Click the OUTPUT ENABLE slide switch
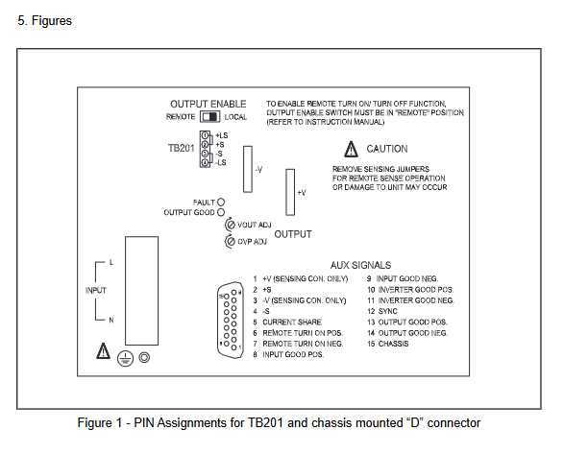point(209,117)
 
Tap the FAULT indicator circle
point(221,202)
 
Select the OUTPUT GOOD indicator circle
point(221,212)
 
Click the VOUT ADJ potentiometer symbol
point(231,225)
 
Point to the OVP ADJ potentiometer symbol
point(231,241)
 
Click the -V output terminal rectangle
point(248,169)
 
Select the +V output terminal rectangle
point(290,192)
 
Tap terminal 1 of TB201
point(205,135)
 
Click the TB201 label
point(181,148)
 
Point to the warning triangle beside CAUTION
point(351,149)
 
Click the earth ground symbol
point(125,358)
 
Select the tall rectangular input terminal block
point(141,291)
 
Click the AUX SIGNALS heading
point(360,265)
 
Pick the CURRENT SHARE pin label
point(292,323)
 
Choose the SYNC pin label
point(388,311)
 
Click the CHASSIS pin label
point(393,344)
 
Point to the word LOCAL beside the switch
point(235,117)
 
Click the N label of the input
point(111,320)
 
